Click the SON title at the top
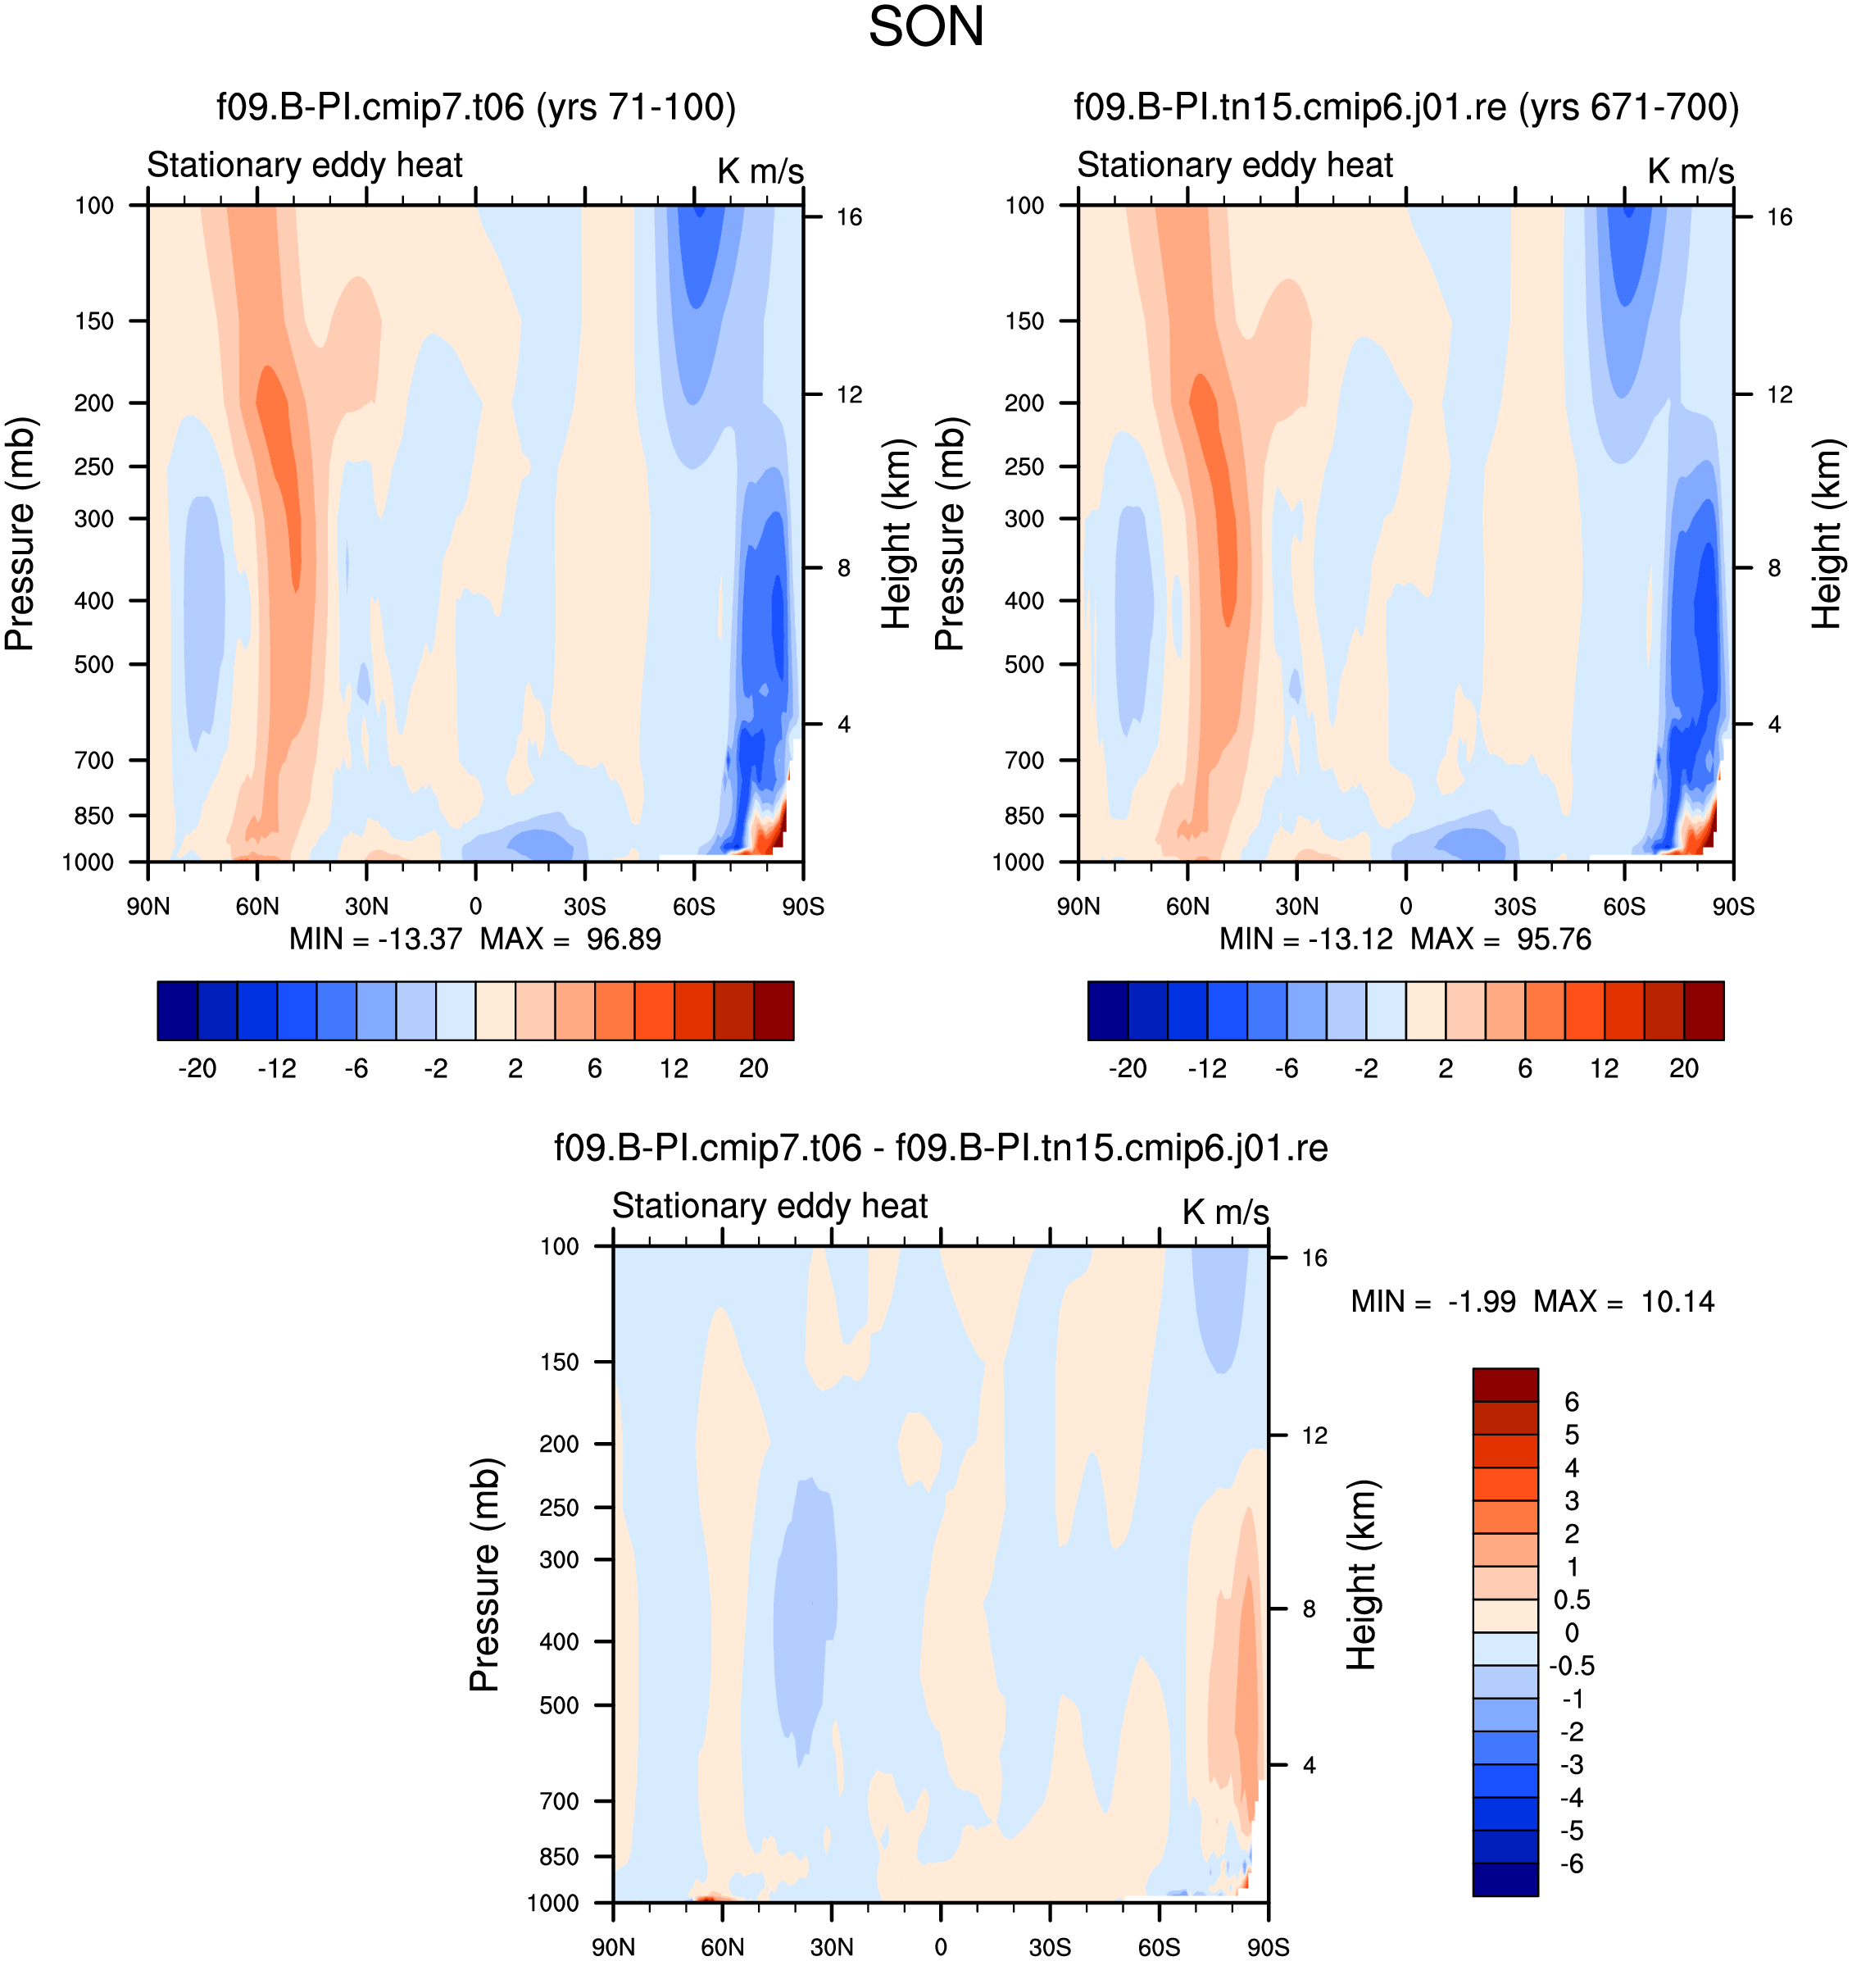(926, 27)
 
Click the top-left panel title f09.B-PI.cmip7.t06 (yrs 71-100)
(476, 107)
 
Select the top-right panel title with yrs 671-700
(1405, 107)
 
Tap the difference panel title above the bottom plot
(940, 1148)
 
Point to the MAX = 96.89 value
(570, 938)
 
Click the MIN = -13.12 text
(1305, 938)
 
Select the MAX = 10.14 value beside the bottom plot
(1623, 1301)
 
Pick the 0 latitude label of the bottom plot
(940, 1947)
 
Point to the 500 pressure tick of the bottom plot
(559, 1705)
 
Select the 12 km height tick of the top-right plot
(1779, 395)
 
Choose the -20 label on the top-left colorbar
(197, 1067)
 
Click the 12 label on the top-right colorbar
(1605, 1067)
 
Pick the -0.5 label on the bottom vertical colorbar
(1573, 1666)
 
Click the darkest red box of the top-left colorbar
(773, 1010)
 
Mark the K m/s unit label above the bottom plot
(1225, 1212)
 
